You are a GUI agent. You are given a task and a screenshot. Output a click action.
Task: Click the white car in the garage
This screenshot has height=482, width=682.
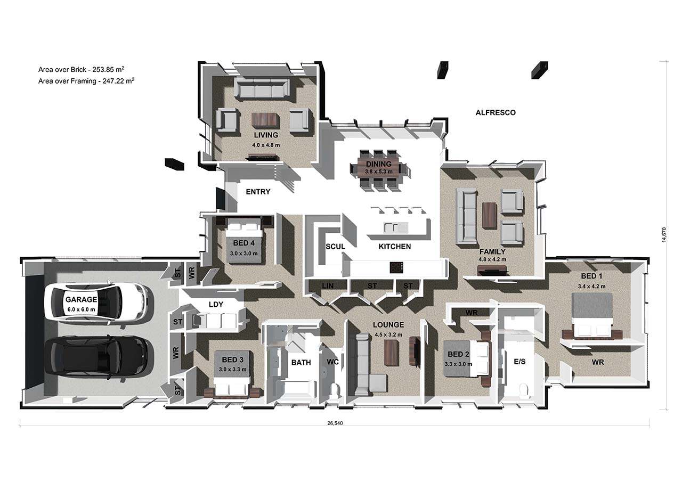99,301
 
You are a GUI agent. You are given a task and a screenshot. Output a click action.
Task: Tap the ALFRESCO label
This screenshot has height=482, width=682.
496,112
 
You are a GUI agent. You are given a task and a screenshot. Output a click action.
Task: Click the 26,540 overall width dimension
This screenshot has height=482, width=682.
335,423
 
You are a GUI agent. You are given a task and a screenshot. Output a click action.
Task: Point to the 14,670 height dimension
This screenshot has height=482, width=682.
664,235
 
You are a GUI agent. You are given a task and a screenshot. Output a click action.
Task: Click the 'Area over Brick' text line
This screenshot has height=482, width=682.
82,69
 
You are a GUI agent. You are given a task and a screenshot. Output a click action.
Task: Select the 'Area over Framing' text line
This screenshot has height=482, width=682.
86,81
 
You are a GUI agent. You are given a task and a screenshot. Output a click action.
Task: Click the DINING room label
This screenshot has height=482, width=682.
379,164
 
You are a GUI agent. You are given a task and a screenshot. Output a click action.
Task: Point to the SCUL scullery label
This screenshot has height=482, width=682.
335,247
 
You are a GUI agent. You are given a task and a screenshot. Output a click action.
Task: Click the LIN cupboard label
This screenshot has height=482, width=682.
328,285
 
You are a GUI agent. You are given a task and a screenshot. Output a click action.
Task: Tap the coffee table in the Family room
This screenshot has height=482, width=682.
489,215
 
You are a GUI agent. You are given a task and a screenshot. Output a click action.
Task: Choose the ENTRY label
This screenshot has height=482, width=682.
258,192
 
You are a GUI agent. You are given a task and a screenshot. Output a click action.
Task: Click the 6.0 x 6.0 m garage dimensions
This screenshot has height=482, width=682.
82,310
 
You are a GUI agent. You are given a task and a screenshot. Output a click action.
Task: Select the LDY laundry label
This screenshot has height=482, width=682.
216,304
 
